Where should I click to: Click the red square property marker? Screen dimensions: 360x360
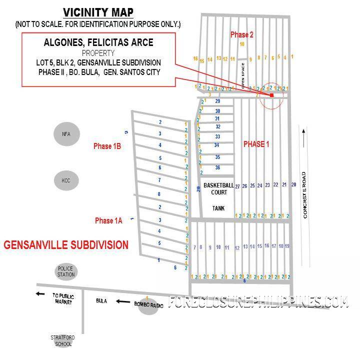tap(271, 95)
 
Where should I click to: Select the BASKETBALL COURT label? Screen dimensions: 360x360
tap(218, 188)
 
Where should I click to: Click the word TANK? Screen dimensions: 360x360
tap(218, 208)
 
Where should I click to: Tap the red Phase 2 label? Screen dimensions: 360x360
tap(242, 34)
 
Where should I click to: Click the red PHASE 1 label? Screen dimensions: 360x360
tap(256, 144)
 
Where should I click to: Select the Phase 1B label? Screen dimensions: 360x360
tap(107, 146)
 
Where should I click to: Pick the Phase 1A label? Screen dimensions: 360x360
tap(108, 221)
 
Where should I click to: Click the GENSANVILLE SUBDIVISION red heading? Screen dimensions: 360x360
tap(66, 245)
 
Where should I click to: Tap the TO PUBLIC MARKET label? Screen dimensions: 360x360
tap(63, 298)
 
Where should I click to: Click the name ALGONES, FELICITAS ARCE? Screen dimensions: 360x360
tap(98, 42)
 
